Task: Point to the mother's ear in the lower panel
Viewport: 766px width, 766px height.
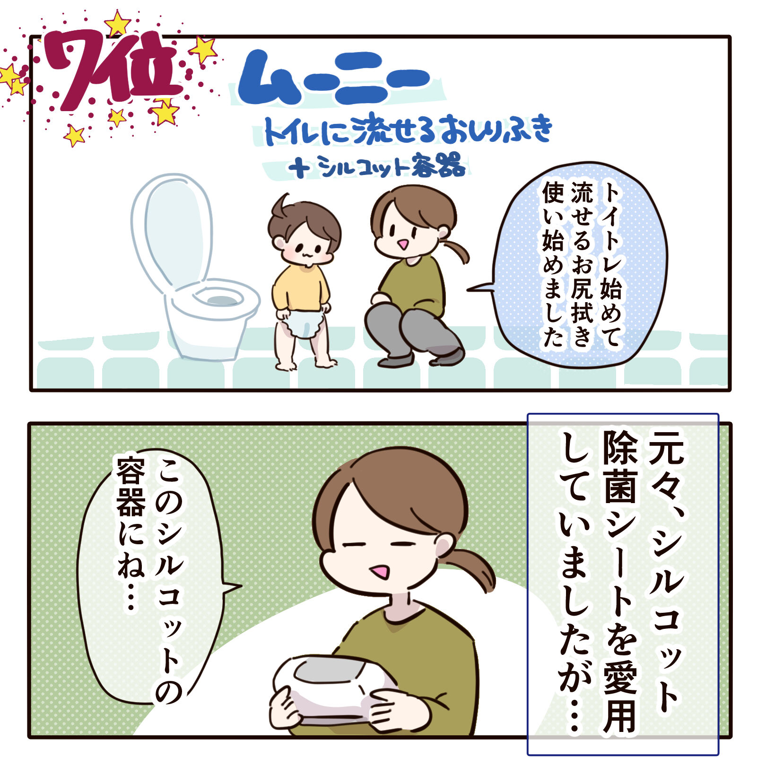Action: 444,546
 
